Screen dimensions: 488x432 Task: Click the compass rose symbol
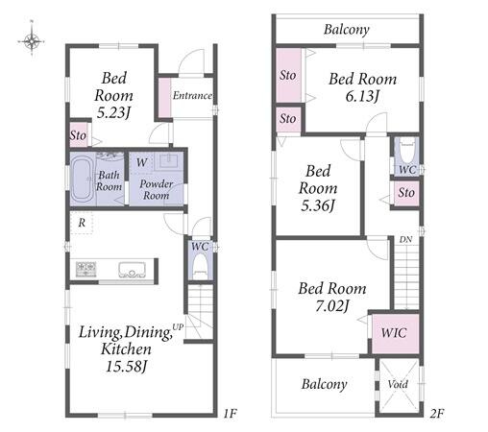(32, 41)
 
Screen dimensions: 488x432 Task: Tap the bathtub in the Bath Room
(82, 180)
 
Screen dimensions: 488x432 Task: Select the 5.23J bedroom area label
(113, 113)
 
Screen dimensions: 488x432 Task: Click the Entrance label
(192, 95)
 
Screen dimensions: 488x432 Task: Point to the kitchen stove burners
(85, 269)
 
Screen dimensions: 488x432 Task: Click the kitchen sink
(132, 270)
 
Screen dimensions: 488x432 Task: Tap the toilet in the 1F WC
(201, 267)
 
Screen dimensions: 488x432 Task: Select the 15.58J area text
(126, 367)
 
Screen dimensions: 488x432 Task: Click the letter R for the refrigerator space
(82, 223)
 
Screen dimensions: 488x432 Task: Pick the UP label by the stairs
(178, 327)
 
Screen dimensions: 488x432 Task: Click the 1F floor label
(230, 414)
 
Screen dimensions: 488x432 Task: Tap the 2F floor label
(436, 414)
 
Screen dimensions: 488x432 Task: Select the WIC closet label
(394, 333)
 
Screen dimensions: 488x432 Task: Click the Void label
(398, 384)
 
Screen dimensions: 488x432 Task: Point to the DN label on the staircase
(405, 239)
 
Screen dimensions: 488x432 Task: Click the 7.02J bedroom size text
(332, 306)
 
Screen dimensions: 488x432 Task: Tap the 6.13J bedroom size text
(362, 96)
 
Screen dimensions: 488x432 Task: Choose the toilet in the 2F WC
(407, 152)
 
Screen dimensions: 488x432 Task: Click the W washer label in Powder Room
(141, 162)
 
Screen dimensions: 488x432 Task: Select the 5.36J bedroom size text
(318, 205)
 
